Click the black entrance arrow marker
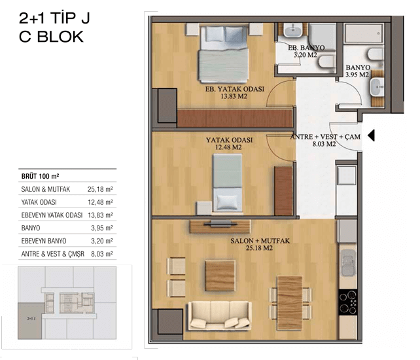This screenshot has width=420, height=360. [x=371, y=135]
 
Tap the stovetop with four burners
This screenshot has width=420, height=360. [x=347, y=302]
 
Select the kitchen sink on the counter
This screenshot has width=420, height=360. [x=347, y=263]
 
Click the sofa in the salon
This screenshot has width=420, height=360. [x=220, y=315]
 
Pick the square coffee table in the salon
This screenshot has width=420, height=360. [x=220, y=276]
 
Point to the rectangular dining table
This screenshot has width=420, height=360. [x=290, y=302]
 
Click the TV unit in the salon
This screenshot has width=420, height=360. [x=220, y=226]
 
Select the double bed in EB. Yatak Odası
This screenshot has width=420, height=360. [x=223, y=54]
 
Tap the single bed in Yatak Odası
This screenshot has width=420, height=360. [x=227, y=183]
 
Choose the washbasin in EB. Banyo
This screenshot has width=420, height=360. [x=292, y=30]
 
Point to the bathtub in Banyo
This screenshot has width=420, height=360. [x=364, y=33]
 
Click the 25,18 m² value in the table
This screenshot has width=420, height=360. [x=100, y=189]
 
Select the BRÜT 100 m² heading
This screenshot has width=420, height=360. [x=40, y=176]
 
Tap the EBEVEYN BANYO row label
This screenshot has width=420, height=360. [x=44, y=241]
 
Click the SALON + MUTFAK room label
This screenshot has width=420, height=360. [x=260, y=241]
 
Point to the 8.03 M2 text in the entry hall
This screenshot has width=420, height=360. [x=324, y=144]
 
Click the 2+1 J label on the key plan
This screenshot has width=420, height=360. [x=31, y=319]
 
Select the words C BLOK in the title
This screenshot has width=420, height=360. [x=51, y=37]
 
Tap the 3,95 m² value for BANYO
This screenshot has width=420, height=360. [x=102, y=228]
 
